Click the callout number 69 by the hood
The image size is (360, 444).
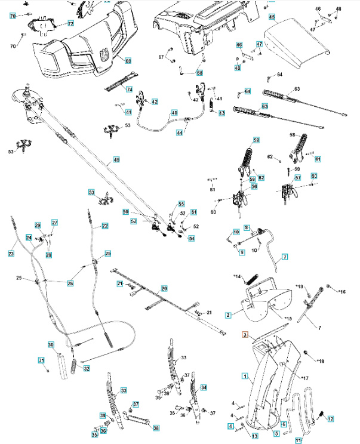click(128, 61)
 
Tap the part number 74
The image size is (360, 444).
click(128, 89)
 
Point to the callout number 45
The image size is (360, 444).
click(272, 17)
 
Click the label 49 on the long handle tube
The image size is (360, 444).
click(117, 160)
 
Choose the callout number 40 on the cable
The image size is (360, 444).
click(174, 112)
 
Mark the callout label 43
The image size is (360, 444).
click(222, 113)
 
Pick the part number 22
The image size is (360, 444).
click(105, 226)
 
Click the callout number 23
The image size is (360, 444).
click(11, 253)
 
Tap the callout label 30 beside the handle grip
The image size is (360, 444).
click(51, 345)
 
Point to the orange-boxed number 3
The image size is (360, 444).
click(245, 336)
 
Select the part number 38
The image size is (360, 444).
click(156, 428)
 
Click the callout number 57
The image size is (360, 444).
click(298, 178)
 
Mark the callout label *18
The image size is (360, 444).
click(319, 361)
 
